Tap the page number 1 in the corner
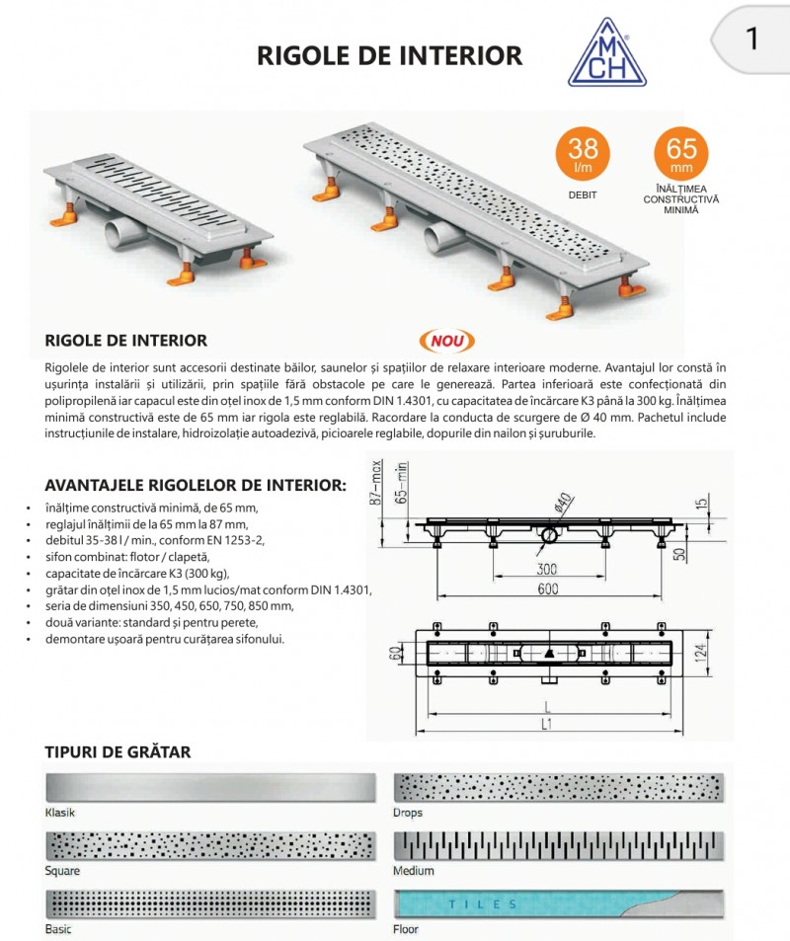point(752,39)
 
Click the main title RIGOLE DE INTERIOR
point(389,55)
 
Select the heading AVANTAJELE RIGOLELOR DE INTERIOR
point(196,485)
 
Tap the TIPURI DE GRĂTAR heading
point(118,752)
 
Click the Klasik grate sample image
point(211,788)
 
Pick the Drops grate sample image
point(560,788)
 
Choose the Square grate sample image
point(211,846)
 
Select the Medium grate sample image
point(560,846)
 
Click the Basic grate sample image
point(211,904)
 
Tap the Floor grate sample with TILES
point(560,904)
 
